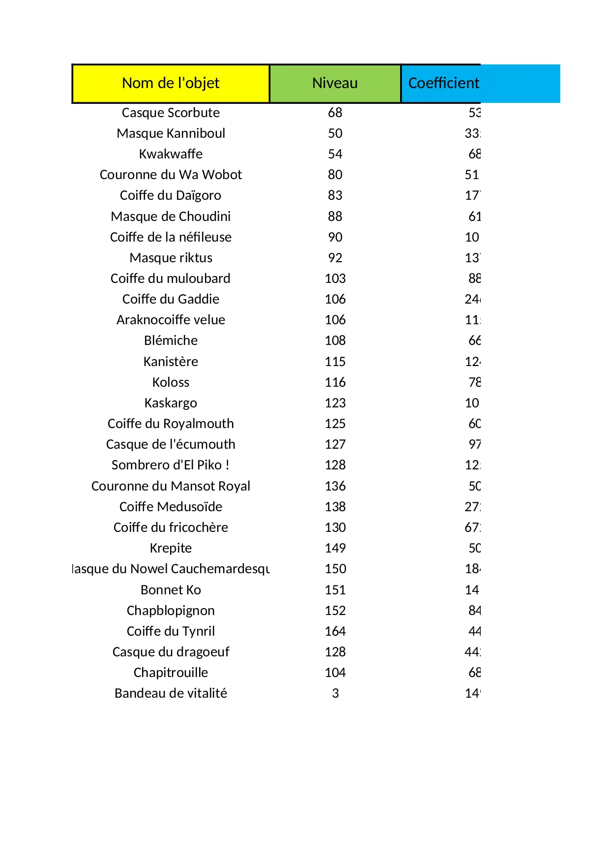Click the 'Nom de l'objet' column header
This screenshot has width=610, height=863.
pyautogui.click(x=171, y=83)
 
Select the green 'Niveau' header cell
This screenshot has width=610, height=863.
pyautogui.click(x=335, y=83)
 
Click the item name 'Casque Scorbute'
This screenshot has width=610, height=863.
pyautogui.click(x=171, y=113)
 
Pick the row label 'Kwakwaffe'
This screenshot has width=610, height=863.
pyautogui.click(x=171, y=154)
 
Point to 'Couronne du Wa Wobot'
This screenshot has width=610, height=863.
pyautogui.click(x=171, y=175)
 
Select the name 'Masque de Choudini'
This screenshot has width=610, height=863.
pyautogui.click(x=171, y=216)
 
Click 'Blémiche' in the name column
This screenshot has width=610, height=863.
pyautogui.click(x=171, y=340)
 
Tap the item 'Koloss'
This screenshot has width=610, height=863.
pyautogui.click(x=171, y=382)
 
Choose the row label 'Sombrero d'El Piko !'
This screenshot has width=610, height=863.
pyautogui.click(x=171, y=465)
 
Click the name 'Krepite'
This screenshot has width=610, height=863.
pyautogui.click(x=171, y=548)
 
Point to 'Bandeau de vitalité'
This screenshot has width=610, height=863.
pyautogui.click(x=171, y=693)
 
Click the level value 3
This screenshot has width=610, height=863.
pyautogui.click(x=335, y=693)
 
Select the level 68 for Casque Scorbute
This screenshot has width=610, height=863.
pyautogui.click(x=335, y=113)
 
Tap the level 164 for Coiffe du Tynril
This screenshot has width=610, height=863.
pyautogui.click(x=335, y=631)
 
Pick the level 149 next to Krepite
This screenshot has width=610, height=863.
pyautogui.click(x=335, y=548)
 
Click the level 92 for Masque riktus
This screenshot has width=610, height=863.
pyautogui.click(x=335, y=258)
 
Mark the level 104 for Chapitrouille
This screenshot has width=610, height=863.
pyautogui.click(x=335, y=673)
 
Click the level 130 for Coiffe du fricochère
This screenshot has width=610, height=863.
pyautogui.click(x=335, y=527)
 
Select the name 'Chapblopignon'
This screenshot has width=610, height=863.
pyautogui.click(x=171, y=611)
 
